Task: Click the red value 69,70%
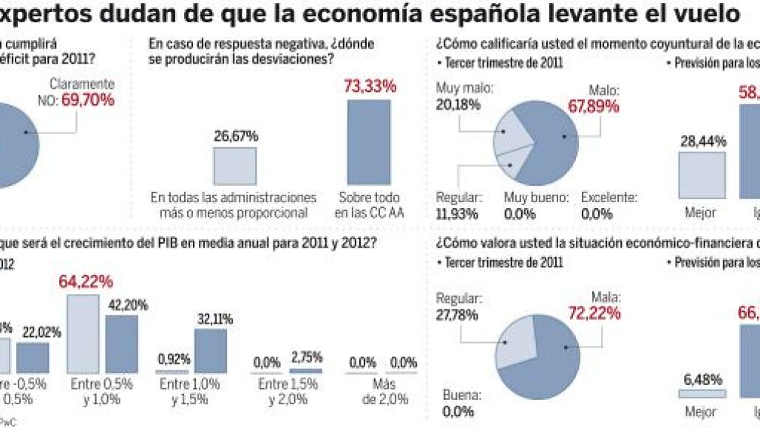[87, 100]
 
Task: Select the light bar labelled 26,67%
[235, 166]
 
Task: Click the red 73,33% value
[369, 86]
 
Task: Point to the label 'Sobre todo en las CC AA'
[367, 205]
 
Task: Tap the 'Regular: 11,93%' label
[459, 206]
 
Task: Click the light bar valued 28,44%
[702, 175]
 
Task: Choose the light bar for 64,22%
[82, 333]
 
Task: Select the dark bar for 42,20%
[121, 344]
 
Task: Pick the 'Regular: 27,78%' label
[459, 307]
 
